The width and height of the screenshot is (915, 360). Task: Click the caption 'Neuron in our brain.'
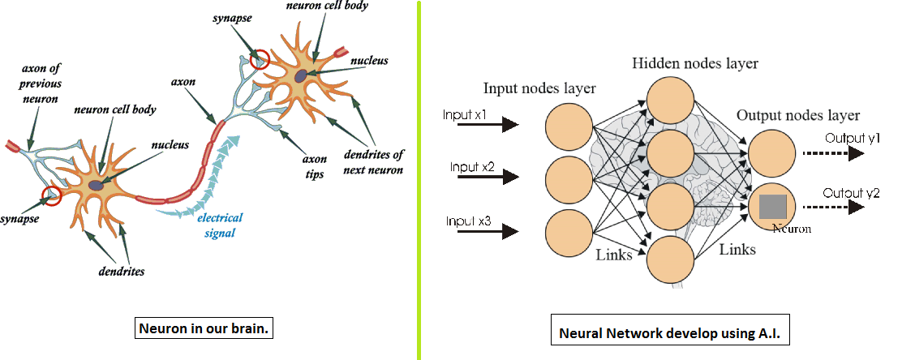pyautogui.click(x=203, y=330)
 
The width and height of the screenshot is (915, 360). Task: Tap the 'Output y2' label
pyautogui.click(x=852, y=193)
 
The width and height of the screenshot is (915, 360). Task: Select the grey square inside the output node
pyautogui.click(x=775, y=208)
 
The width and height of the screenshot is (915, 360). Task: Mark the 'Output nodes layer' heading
pyautogui.click(x=797, y=115)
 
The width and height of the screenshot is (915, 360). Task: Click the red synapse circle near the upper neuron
pyautogui.click(x=260, y=58)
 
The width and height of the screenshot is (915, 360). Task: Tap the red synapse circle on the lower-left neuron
pyautogui.click(x=52, y=195)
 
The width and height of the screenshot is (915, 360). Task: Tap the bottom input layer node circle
pyautogui.click(x=567, y=233)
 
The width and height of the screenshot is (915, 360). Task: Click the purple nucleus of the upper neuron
pyautogui.click(x=301, y=75)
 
